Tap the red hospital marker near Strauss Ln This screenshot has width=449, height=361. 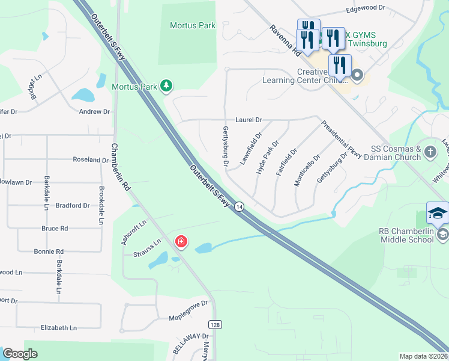click(x=181, y=242)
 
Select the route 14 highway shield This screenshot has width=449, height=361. click(x=240, y=206)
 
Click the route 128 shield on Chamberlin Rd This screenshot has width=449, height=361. click(x=214, y=325)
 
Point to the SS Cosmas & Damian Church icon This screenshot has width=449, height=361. click(x=430, y=152)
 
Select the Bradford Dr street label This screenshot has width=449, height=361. click(x=72, y=206)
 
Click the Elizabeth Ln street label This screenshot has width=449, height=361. click(x=59, y=328)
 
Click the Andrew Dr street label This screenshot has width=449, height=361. click(x=95, y=112)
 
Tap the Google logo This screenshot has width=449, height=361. click(x=20, y=354)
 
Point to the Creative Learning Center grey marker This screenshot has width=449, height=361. click(x=357, y=76)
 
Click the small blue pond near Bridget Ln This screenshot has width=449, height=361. click(x=82, y=95)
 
